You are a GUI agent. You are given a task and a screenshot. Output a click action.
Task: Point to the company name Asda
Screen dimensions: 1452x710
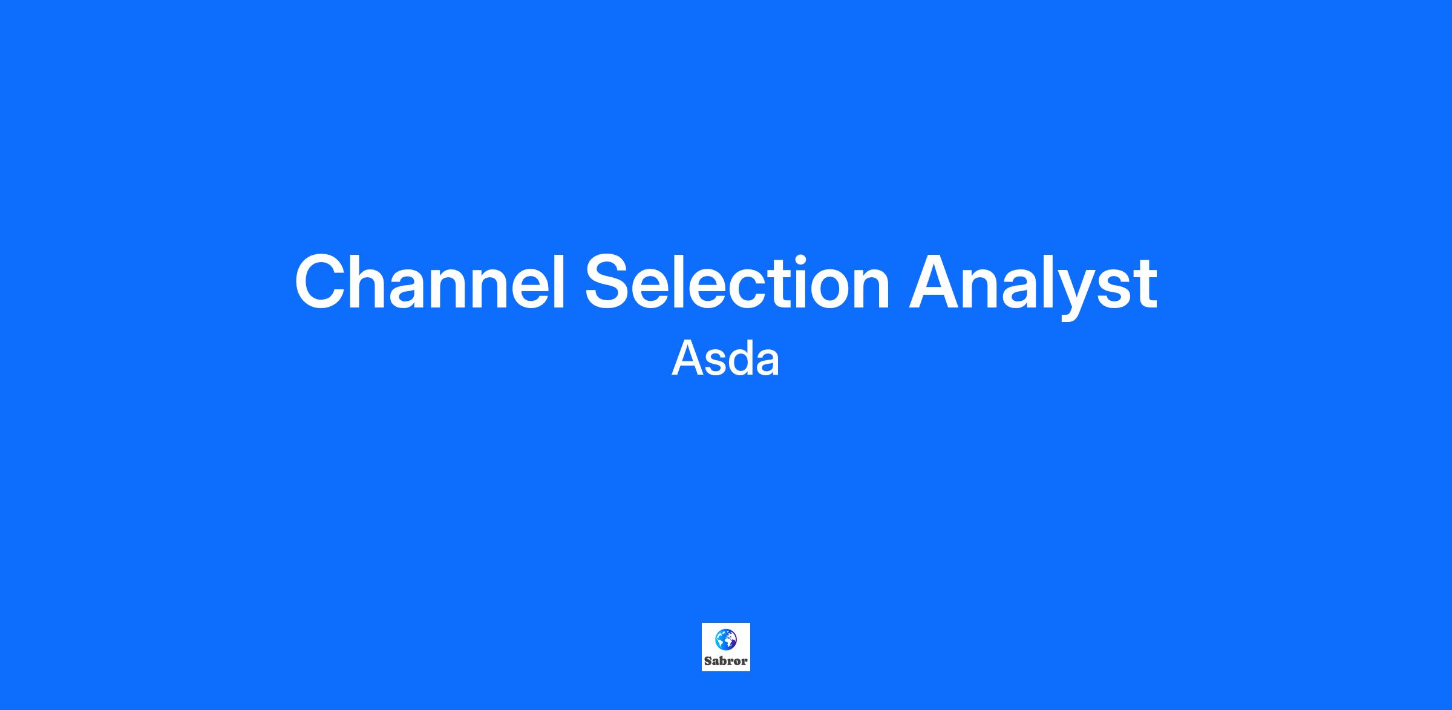click(725, 359)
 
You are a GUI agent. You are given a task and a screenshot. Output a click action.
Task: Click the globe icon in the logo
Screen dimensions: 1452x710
click(725, 639)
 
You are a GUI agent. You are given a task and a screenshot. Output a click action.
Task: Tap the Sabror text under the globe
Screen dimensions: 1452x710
click(725, 661)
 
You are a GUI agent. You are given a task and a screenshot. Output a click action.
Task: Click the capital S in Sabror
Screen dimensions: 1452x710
click(708, 661)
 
